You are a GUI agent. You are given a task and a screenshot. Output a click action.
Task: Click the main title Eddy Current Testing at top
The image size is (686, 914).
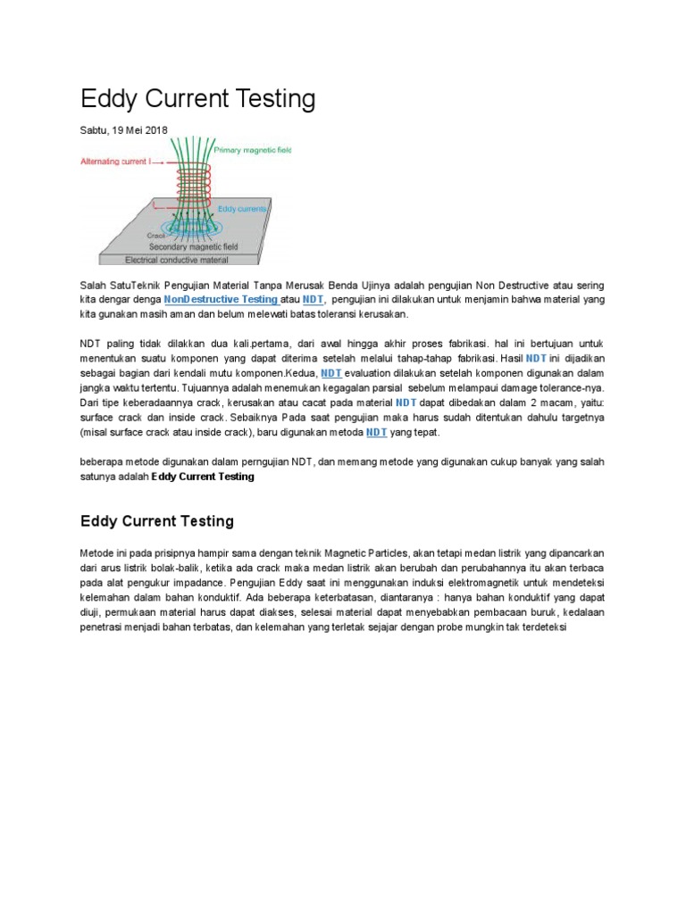click(x=197, y=99)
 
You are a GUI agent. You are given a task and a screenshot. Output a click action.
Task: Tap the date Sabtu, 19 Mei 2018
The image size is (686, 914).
click(x=123, y=130)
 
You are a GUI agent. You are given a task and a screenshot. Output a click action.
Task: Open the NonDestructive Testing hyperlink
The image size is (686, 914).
click(x=221, y=300)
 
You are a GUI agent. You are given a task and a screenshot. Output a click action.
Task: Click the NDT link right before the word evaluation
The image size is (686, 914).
click(x=331, y=372)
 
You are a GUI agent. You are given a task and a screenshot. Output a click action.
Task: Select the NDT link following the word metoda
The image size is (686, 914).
click(x=376, y=432)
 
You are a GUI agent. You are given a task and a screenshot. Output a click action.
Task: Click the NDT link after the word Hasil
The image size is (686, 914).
click(x=536, y=358)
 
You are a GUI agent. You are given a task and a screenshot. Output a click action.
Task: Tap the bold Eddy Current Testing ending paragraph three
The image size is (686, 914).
click(x=203, y=477)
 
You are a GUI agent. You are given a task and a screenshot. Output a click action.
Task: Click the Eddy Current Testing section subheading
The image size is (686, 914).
click(x=157, y=521)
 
